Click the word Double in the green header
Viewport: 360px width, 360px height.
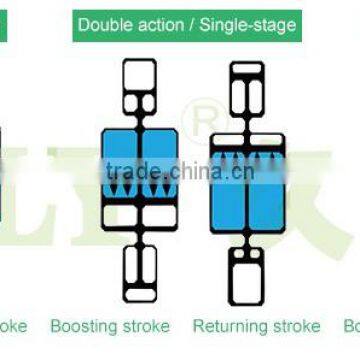point(104,24)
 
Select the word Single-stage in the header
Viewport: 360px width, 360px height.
point(249,24)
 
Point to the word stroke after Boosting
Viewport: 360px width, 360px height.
point(146,326)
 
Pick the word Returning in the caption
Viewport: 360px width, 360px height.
point(228,326)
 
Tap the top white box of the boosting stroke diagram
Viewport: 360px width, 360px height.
point(138,85)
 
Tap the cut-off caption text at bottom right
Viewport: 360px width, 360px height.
point(351,326)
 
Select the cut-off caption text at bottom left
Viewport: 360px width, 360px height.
point(12,326)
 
